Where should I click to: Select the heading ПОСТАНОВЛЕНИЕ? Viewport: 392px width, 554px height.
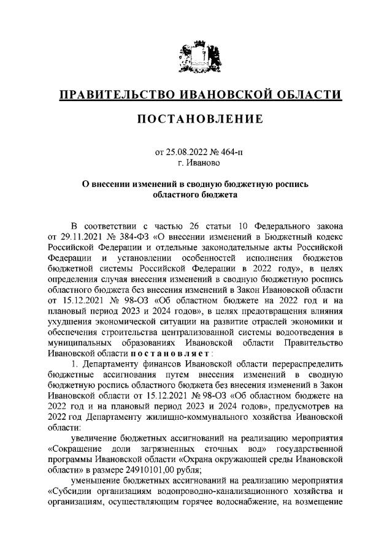196,118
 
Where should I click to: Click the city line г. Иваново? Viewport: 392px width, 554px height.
196,162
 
